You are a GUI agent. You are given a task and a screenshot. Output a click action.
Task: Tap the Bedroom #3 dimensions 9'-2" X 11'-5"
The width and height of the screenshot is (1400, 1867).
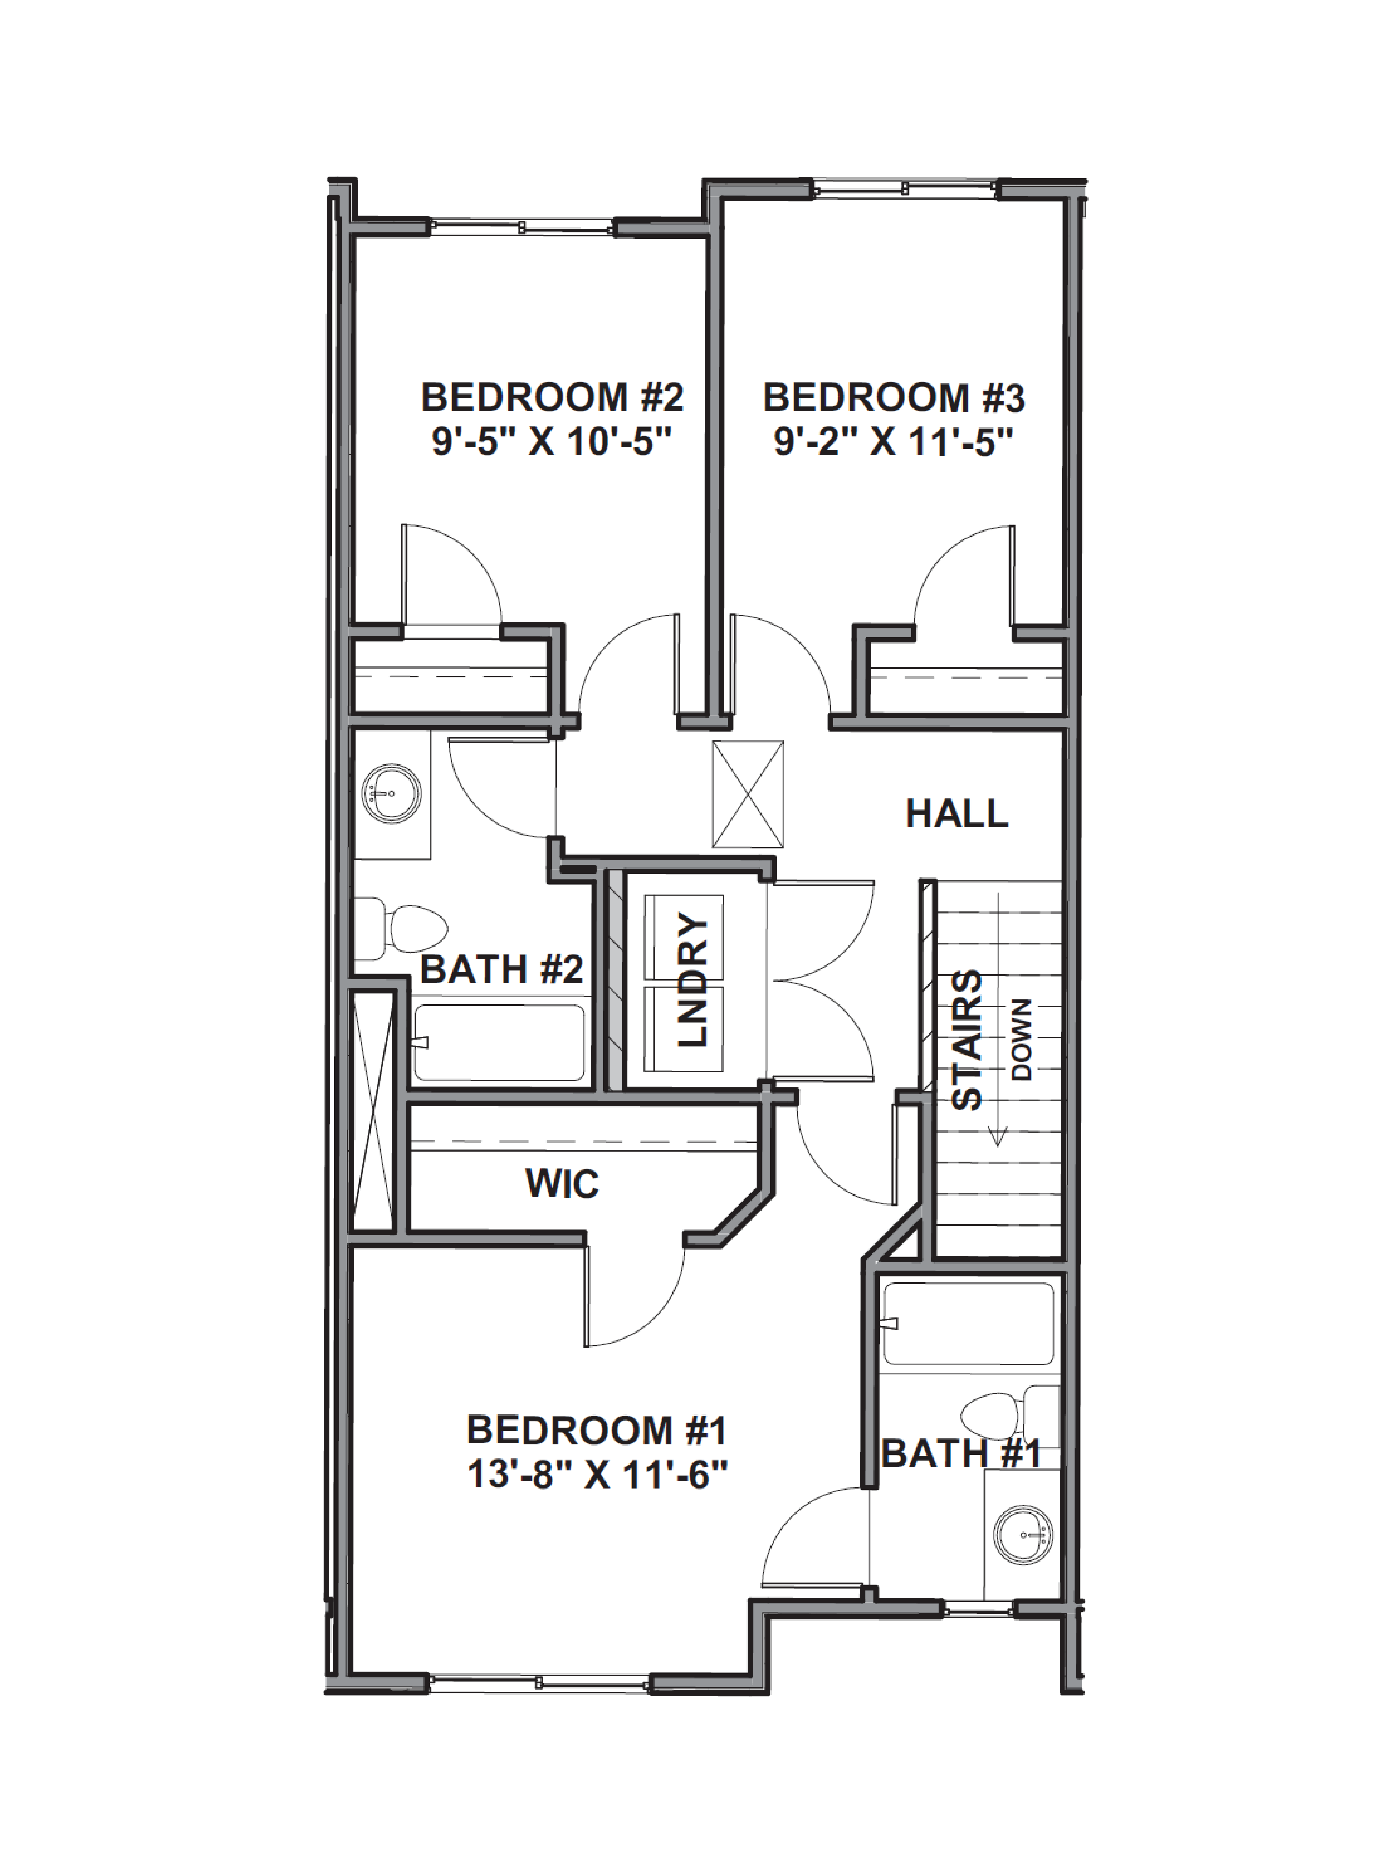[x=894, y=442]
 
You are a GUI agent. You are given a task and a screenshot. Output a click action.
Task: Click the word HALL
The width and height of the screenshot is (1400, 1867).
[x=957, y=814]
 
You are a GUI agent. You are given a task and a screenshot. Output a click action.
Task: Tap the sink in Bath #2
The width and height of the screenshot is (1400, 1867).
[x=391, y=793]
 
